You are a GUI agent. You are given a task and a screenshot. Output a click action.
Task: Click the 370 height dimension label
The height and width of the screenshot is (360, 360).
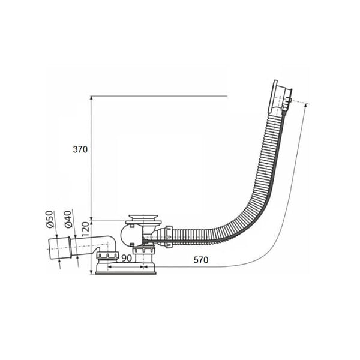coord(80,149)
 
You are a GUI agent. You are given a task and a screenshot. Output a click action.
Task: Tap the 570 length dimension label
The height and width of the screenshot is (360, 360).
coord(201,260)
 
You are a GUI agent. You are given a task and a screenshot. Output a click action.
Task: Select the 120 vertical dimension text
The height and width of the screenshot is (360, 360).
coord(85,229)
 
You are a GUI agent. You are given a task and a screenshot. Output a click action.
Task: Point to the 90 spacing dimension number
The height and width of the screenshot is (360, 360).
coord(127,258)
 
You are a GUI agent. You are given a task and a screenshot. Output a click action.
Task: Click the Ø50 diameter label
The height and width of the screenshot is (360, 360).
coord(50,219)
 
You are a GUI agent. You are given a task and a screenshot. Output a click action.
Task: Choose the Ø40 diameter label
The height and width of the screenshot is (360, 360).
coord(68,219)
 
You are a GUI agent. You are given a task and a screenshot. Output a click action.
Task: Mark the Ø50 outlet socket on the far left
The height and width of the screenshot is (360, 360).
coord(59,248)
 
